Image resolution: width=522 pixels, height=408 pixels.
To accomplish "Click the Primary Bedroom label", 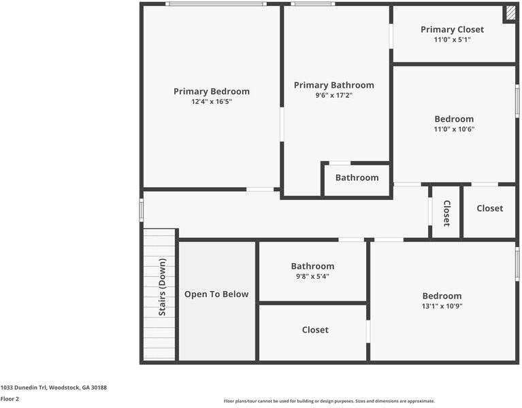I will pyautogui.click(x=211, y=91).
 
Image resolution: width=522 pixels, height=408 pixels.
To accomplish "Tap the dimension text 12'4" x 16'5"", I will pyautogui.click(x=211, y=101).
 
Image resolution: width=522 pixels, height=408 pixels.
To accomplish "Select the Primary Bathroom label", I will pyautogui.click(x=333, y=85).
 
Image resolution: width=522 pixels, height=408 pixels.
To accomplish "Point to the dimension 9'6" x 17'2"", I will pyautogui.click(x=333, y=95).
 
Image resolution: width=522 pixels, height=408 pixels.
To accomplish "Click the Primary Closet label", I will pyautogui.click(x=452, y=29).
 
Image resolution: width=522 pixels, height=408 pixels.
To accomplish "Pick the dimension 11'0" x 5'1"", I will pyautogui.click(x=452, y=39).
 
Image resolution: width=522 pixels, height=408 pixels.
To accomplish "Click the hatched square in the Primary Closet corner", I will pyautogui.click(x=509, y=14).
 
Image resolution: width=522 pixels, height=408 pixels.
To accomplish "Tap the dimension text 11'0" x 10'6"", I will pyautogui.click(x=454, y=129).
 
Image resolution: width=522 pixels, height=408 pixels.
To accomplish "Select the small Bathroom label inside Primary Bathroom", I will pyautogui.click(x=357, y=177).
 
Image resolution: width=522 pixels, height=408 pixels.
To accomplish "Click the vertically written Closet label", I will pyautogui.click(x=446, y=213).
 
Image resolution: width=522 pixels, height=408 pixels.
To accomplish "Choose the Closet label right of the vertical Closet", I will pyautogui.click(x=489, y=208).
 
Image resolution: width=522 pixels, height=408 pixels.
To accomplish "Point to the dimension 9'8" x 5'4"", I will pyautogui.click(x=312, y=276).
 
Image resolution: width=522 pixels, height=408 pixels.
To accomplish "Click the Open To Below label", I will pyautogui.click(x=216, y=294).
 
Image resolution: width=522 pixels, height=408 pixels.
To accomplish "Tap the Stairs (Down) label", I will pyautogui.click(x=162, y=286).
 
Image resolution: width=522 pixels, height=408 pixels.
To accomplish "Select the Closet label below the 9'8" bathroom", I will pyautogui.click(x=314, y=330).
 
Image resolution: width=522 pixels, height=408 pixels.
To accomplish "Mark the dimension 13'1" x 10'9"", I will pyautogui.click(x=442, y=306).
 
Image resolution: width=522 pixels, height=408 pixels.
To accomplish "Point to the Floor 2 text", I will pyautogui.click(x=10, y=399).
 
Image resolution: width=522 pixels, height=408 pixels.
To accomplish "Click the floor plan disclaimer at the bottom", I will pyautogui.click(x=329, y=401).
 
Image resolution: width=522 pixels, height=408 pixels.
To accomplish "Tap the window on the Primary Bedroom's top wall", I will pyautogui.click(x=215, y=4).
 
